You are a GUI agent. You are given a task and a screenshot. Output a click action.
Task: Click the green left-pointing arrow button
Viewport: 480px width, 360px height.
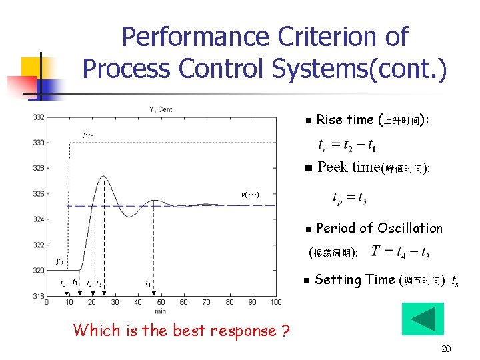[x=422, y=319]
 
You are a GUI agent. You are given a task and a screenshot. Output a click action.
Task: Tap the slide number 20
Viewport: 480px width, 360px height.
[x=447, y=349]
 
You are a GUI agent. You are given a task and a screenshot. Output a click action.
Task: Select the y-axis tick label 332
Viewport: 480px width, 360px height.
[x=38, y=118]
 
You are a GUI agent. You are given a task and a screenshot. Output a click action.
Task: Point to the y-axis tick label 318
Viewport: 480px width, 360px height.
[x=38, y=296]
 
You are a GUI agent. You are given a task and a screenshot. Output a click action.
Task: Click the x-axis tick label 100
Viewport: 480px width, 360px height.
[x=276, y=303]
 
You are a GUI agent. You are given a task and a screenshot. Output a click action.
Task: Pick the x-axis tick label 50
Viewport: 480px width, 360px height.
[x=161, y=303]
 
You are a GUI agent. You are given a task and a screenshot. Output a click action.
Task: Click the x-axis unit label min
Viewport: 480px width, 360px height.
[x=160, y=311]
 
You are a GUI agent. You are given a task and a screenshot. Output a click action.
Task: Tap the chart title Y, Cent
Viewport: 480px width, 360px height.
[x=160, y=109]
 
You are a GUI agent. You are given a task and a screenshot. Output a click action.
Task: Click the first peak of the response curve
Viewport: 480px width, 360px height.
[x=104, y=175]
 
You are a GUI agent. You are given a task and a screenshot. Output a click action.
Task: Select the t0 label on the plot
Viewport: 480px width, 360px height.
[x=63, y=283]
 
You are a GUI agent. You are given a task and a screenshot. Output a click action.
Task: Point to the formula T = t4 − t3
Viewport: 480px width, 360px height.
[x=401, y=252]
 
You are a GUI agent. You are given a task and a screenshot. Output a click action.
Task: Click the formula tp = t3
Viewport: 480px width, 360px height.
[x=349, y=197]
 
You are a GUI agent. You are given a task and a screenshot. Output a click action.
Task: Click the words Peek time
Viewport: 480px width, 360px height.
[x=348, y=167]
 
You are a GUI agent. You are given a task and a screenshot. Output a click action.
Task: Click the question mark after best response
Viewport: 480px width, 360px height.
[x=284, y=331]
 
